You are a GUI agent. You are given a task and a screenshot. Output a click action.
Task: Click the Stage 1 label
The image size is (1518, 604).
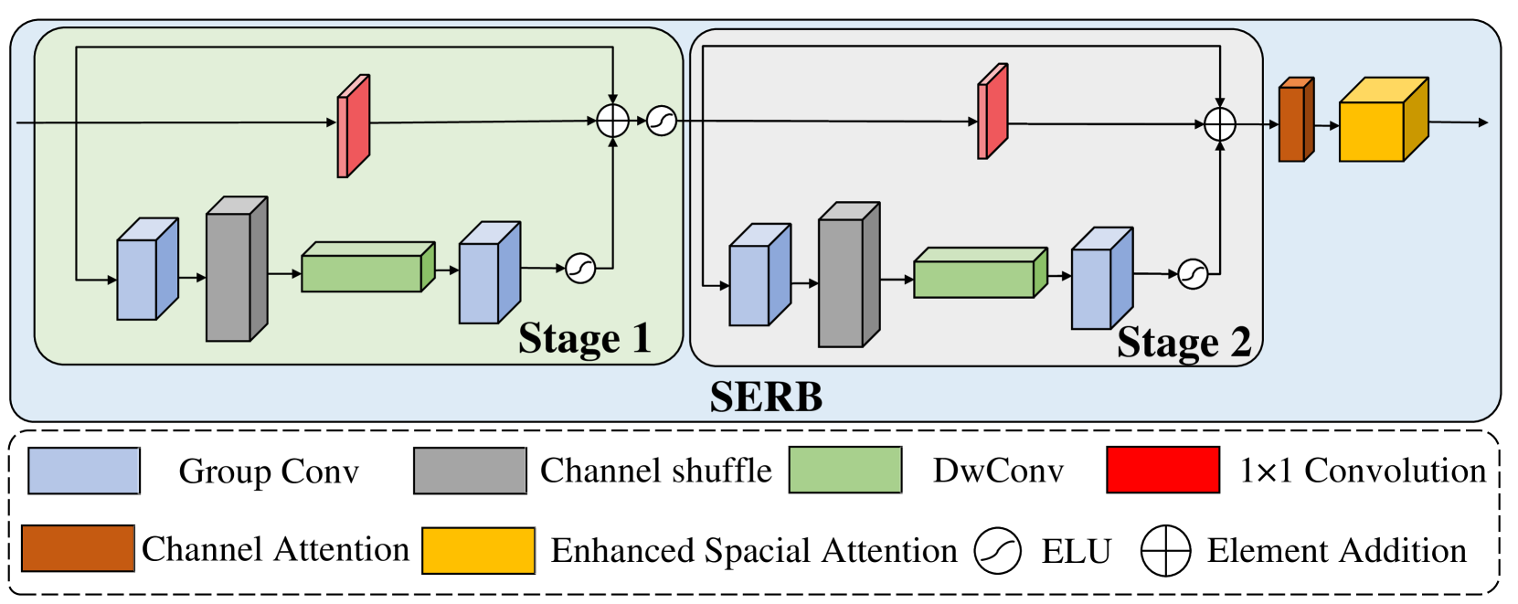click(x=584, y=339)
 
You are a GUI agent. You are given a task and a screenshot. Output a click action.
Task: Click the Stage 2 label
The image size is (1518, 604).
click(x=1184, y=343)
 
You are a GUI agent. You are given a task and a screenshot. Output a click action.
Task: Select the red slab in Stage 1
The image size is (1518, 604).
click(x=354, y=126)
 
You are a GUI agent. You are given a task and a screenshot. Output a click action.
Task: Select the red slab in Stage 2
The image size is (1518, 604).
click(x=993, y=112)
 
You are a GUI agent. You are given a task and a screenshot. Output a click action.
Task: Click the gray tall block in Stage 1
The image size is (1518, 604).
click(x=236, y=270)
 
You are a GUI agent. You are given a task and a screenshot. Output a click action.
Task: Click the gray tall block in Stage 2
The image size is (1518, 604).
click(x=848, y=276)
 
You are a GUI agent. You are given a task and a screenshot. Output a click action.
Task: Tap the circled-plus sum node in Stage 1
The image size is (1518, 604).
click(x=613, y=121)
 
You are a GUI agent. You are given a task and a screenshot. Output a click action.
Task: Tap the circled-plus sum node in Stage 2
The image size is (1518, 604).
click(x=1220, y=124)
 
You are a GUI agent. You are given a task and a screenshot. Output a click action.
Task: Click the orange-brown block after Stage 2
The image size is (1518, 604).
click(x=1295, y=121)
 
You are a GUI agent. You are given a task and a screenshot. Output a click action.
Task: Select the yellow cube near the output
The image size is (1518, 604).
click(x=1381, y=122)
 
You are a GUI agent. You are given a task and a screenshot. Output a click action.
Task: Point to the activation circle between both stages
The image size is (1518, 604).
click(x=662, y=121)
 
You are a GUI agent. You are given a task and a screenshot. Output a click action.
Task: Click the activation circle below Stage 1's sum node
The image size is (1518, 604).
click(x=580, y=268)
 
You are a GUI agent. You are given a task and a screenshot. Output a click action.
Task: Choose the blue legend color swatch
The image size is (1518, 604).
click(x=84, y=471)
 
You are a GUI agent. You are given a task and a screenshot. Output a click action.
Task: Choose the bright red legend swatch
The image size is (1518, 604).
click(x=1162, y=470)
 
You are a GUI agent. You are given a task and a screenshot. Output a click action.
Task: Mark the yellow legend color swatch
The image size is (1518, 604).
click(x=479, y=550)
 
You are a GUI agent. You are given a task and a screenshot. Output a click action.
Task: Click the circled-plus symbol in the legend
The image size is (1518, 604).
click(x=1166, y=551)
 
